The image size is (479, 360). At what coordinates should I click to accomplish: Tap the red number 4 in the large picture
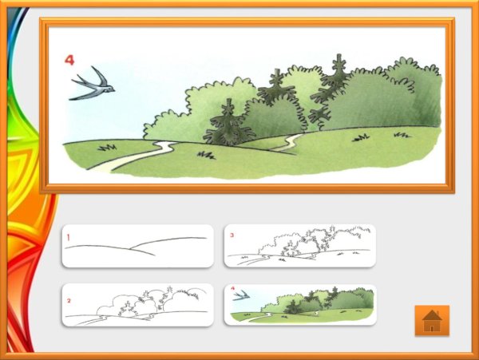pyautogui.click(x=69, y=60)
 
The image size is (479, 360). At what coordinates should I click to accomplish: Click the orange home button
pyautogui.click(x=432, y=320)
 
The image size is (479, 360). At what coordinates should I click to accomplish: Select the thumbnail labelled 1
pyautogui.click(x=138, y=246)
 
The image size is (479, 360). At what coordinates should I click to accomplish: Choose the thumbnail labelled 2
pyautogui.click(x=138, y=305)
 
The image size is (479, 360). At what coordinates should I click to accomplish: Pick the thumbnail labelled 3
pyautogui.click(x=300, y=246)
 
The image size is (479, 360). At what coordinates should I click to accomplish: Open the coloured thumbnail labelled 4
pyautogui.click(x=300, y=305)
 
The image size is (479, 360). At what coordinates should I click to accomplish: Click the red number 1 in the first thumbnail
pyautogui.click(x=69, y=237)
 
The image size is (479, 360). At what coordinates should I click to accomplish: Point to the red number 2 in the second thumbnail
pyautogui.click(x=69, y=301)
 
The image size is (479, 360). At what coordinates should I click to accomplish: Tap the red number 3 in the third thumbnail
pyautogui.click(x=232, y=235)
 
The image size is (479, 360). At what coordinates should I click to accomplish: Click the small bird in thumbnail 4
pyautogui.click(x=241, y=295)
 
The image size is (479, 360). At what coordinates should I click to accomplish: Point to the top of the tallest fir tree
pyautogui.click(x=339, y=55)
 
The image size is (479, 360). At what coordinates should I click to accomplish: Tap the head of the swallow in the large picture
pyautogui.click(x=111, y=89)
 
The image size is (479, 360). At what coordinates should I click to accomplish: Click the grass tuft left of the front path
pyautogui.click(x=107, y=148)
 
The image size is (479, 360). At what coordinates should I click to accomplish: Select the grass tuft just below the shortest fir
pyautogui.click(x=206, y=156)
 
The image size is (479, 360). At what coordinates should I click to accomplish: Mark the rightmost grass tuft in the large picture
pyautogui.click(x=402, y=135)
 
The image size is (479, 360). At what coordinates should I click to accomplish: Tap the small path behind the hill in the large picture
pyautogui.click(x=287, y=143)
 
